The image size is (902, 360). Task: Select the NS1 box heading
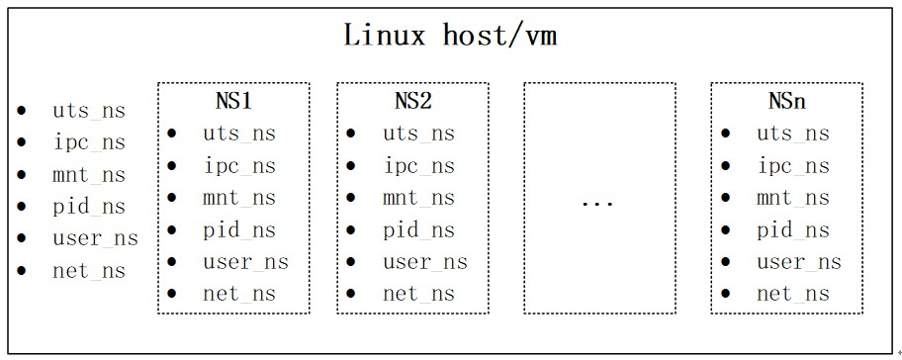(234, 101)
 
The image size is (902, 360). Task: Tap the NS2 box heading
(413, 101)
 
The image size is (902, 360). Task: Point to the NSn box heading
(788, 101)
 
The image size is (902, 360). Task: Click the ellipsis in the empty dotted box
(597, 202)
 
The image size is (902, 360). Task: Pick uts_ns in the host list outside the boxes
(89, 111)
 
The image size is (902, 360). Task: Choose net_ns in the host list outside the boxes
(89, 271)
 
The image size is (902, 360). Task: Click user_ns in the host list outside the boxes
(95, 238)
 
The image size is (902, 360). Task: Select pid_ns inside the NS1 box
(239, 230)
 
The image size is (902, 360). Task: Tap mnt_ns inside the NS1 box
(239, 198)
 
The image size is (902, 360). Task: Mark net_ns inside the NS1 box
(239, 294)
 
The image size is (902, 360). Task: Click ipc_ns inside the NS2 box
(418, 165)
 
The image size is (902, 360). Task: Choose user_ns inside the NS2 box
(424, 262)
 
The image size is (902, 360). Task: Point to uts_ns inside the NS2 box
(418, 134)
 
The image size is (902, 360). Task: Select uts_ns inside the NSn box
(793, 134)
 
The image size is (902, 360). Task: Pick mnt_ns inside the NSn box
(793, 198)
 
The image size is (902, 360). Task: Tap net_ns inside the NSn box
(793, 294)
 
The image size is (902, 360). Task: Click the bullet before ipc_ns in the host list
(22, 142)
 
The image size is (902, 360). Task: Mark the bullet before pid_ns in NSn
(728, 230)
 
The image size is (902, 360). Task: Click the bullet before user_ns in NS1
(173, 262)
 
